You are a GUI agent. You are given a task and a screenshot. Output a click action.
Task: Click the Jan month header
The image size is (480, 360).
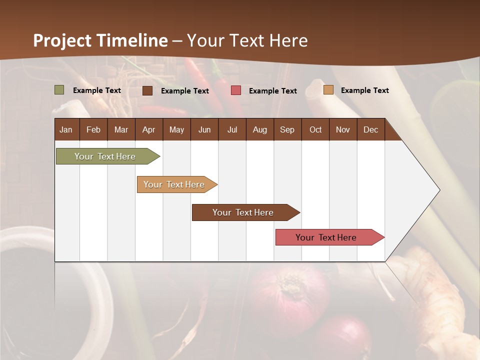click(x=66, y=129)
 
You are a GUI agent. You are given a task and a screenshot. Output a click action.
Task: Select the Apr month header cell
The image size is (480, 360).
click(x=148, y=129)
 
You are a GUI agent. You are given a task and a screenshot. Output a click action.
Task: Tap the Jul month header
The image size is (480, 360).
click(x=232, y=129)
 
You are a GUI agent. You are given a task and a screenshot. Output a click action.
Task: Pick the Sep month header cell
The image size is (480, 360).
click(x=287, y=129)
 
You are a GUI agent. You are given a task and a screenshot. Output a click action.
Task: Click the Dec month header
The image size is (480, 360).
click(x=370, y=129)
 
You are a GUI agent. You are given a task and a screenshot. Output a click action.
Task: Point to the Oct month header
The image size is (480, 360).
click(x=315, y=129)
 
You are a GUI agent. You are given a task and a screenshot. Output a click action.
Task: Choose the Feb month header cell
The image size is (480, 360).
click(x=93, y=129)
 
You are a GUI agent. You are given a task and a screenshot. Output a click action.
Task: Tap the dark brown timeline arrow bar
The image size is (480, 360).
click(x=243, y=212)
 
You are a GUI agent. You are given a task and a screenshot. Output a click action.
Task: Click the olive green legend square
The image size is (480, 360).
click(x=59, y=90)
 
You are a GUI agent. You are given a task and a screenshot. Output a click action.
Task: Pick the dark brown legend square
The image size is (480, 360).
click(x=147, y=90)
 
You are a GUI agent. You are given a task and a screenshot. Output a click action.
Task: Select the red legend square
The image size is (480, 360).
click(x=236, y=90)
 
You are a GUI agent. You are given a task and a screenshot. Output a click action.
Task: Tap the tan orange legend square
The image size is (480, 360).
click(x=328, y=90)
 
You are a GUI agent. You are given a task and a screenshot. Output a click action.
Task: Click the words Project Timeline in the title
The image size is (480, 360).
click(x=100, y=40)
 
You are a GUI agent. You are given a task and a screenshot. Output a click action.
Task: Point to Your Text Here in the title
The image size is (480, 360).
click(x=247, y=40)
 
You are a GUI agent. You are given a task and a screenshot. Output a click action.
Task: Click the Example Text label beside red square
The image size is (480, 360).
click(x=273, y=91)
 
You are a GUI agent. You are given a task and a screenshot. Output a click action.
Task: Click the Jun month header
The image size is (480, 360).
click(x=204, y=129)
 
